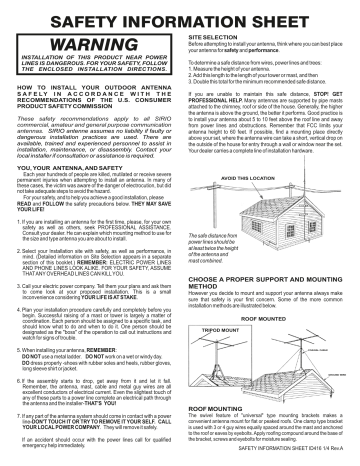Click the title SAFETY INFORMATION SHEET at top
[x=180, y=17]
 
